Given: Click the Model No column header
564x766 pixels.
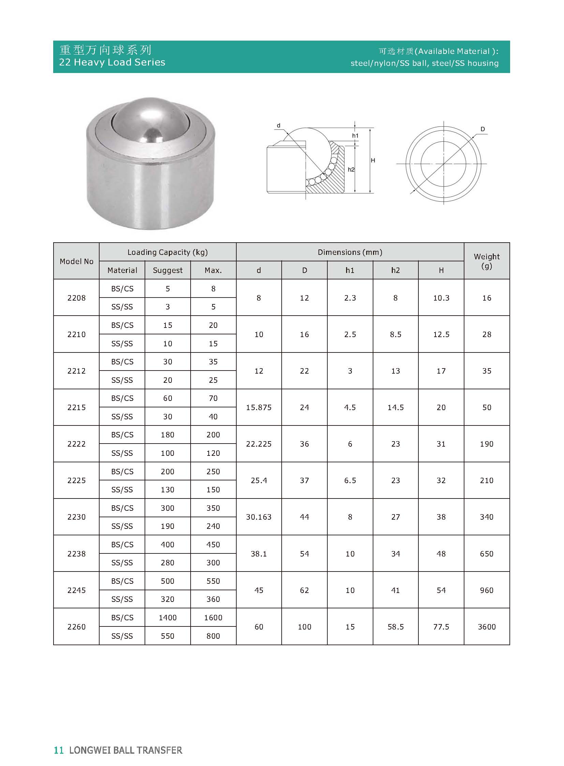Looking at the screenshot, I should pyautogui.click(x=76, y=261).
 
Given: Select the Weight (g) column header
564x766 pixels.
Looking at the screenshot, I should pyautogui.click(x=487, y=261).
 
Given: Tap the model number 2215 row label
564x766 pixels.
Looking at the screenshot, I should pyautogui.click(x=76, y=407).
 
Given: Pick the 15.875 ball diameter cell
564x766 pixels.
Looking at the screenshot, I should pyautogui.click(x=259, y=407).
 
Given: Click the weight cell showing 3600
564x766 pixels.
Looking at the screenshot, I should pyautogui.click(x=487, y=626).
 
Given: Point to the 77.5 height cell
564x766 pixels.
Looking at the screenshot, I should pyautogui.click(x=441, y=626).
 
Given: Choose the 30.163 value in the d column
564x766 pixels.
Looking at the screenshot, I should pyautogui.click(x=259, y=517).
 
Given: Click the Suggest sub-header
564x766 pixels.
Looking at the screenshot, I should pyautogui.click(x=168, y=270).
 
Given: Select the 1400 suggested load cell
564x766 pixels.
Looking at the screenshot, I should pyautogui.click(x=168, y=617).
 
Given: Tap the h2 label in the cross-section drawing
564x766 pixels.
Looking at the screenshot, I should pyautogui.click(x=351, y=170).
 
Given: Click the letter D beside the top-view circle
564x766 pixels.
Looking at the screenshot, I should pyautogui.click(x=483, y=129).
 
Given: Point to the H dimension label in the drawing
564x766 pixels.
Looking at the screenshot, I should pyautogui.click(x=373, y=160).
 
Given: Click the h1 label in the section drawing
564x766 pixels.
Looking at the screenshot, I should pyautogui.click(x=355, y=136).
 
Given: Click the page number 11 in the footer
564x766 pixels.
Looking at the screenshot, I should pyautogui.click(x=59, y=750).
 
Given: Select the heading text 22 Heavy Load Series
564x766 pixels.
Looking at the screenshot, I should pyautogui.click(x=112, y=62).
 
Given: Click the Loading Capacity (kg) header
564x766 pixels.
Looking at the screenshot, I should pyautogui.click(x=167, y=252).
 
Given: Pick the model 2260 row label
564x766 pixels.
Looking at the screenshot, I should pyautogui.click(x=76, y=626).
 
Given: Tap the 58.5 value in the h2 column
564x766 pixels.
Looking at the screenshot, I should pyautogui.click(x=395, y=626).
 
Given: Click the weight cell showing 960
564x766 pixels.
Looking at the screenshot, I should pyautogui.click(x=487, y=590).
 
